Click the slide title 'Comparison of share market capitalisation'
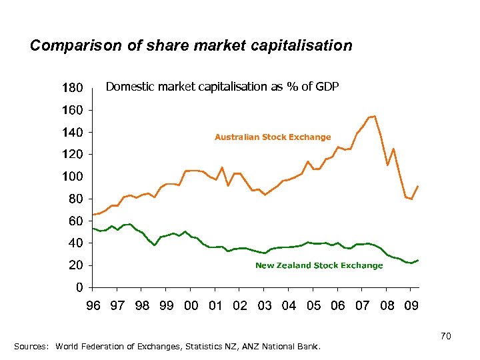pos(191,45)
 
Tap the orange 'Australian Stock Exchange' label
pos(272,137)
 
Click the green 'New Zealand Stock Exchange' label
pos(319,265)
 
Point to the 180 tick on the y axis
pos(72,87)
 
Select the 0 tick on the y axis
pos(79,287)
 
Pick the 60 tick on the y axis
pos(75,221)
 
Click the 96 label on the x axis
pos(93,305)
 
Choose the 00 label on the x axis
pos(191,305)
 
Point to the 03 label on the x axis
pos(264,305)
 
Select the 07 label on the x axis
pos(362,305)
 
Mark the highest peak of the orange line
pos(375,116)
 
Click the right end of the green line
pos(418,260)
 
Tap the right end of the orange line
pos(418,186)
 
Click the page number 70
pos(446,337)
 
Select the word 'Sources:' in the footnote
pos(31,347)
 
